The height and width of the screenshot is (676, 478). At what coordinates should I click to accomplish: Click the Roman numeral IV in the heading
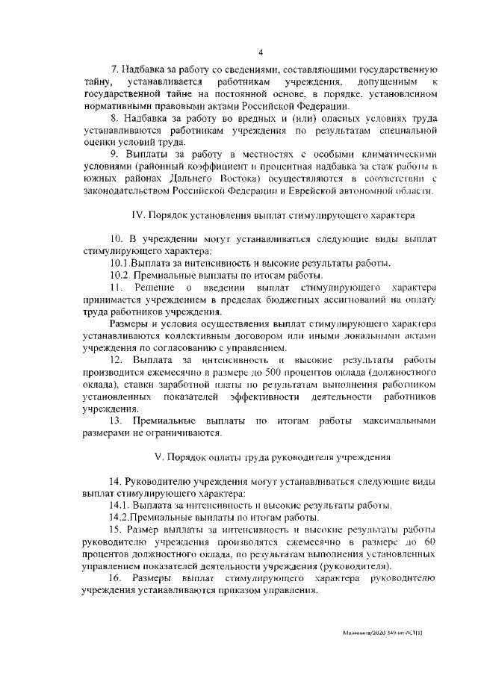click(137, 215)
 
